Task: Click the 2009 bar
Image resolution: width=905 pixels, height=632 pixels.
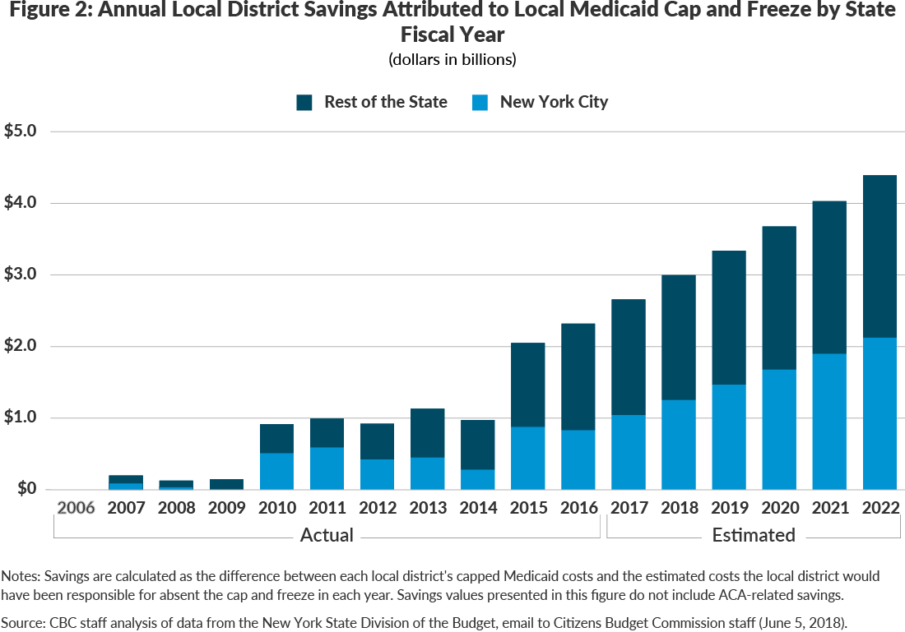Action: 225,484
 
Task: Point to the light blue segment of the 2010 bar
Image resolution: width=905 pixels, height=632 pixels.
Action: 276,471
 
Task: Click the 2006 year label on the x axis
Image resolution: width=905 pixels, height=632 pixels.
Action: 75,508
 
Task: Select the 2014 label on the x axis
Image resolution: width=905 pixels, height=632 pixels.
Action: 477,508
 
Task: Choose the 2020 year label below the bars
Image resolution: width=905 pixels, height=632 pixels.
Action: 779,508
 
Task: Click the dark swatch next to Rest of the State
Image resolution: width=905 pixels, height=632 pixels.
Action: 304,102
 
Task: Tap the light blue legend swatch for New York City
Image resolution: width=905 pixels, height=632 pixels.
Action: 480,102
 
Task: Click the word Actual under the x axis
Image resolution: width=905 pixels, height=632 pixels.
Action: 327,535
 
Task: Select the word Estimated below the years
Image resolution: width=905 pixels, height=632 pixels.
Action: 754,535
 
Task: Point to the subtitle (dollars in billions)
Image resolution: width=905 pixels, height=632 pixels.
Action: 452,59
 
